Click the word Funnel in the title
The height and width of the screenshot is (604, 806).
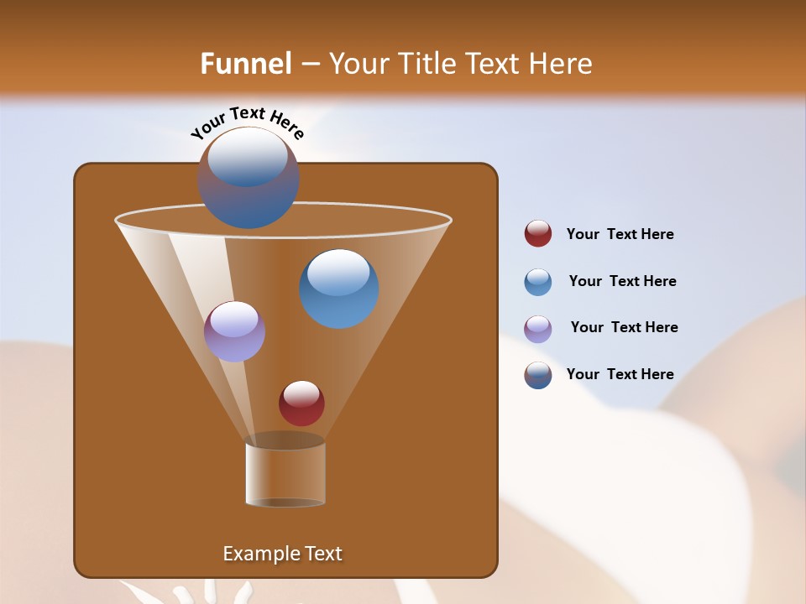pyautogui.click(x=246, y=64)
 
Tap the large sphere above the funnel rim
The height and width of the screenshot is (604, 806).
pyautogui.click(x=249, y=178)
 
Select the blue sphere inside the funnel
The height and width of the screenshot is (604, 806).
pyautogui.click(x=339, y=289)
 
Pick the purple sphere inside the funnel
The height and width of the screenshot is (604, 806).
pyautogui.click(x=234, y=332)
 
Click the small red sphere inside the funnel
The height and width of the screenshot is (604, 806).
pyautogui.click(x=301, y=404)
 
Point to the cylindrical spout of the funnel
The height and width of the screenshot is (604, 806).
pyautogui.click(x=285, y=475)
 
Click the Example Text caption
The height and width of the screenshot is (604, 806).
pyautogui.click(x=282, y=554)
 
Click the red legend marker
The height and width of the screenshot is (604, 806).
pyautogui.click(x=538, y=234)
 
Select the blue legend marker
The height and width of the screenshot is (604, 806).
pyautogui.click(x=538, y=282)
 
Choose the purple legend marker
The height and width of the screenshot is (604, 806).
pyautogui.click(x=538, y=328)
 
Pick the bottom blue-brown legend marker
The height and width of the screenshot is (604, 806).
pyautogui.click(x=538, y=375)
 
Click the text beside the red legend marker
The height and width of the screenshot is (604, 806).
pyautogui.click(x=620, y=235)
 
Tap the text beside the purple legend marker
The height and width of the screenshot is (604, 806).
pyautogui.click(x=624, y=328)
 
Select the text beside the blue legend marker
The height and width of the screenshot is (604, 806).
pyautogui.click(x=622, y=282)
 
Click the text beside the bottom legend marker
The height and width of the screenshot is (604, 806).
pyautogui.click(x=620, y=375)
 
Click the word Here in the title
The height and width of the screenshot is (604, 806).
pyautogui.click(x=562, y=64)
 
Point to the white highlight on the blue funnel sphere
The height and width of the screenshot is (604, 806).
pyautogui.click(x=339, y=272)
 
